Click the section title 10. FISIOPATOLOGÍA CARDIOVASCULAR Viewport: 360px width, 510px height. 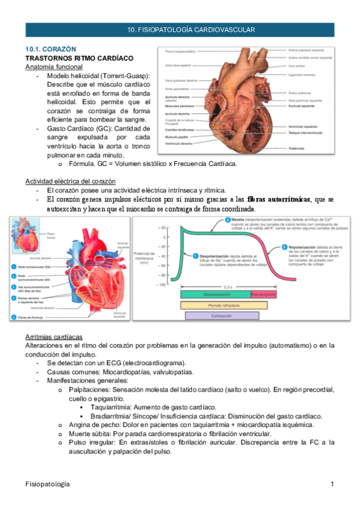pos(192,29)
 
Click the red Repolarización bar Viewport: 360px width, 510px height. pos(263,295)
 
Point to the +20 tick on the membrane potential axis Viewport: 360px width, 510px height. pos(162,228)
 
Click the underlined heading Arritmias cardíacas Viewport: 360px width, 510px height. pos(53,336)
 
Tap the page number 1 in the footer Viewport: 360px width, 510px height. pos(332,484)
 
